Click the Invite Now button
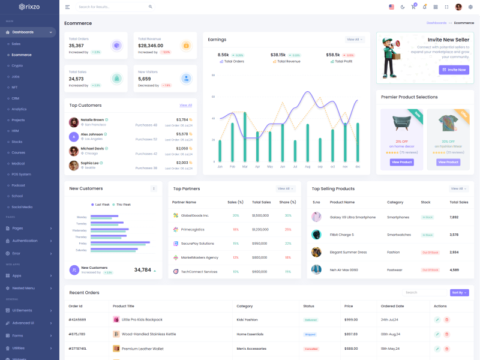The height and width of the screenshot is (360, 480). tap(454, 70)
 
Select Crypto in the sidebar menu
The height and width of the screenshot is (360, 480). tap(17, 65)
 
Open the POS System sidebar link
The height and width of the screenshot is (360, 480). tap(21, 174)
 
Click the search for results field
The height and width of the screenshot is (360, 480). tap(111, 7)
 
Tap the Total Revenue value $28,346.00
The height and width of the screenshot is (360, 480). tap(151, 46)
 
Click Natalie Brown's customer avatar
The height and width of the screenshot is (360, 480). tap(74, 122)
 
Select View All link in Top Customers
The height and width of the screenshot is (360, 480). tap(186, 105)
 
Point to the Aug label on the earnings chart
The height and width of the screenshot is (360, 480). tap(307, 166)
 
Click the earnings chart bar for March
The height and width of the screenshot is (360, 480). tap(245, 137)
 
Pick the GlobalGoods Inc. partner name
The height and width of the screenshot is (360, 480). tap(195, 215)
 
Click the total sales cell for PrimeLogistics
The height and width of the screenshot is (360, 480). tap(260, 229)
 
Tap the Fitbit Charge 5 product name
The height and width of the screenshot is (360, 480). tap(342, 235)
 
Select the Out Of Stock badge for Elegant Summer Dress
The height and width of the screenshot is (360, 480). tap(430, 253)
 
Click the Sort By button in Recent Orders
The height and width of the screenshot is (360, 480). tap(459, 293)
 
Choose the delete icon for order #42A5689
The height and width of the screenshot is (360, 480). tap(447, 320)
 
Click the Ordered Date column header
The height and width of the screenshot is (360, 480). tap(392, 306)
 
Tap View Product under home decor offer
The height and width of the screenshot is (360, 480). tap(401, 162)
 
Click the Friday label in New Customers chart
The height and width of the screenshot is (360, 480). tap(83, 244)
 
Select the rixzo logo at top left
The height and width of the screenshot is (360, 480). tap(30, 7)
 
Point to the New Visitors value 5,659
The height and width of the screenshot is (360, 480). tap(145, 79)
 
